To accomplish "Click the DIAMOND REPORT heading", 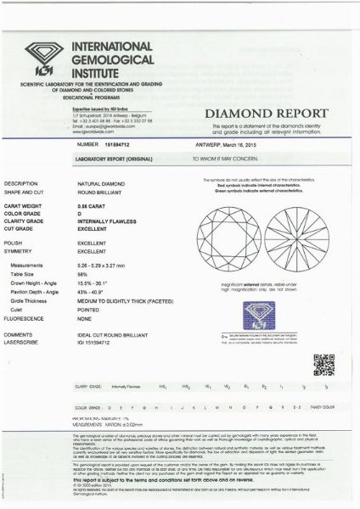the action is [267, 113].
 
